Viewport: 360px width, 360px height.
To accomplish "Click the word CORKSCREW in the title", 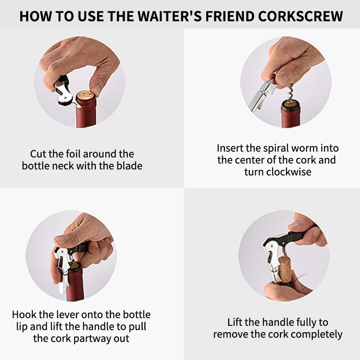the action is click(x=301, y=16).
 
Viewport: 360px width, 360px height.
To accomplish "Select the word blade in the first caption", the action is click(x=130, y=166).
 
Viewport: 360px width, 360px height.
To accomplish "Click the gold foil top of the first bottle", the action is click(x=85, y=95).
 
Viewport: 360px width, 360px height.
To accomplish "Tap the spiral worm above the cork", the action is click(x=290, y=93).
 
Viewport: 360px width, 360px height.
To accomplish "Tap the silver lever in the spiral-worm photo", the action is click(x=261, y=96).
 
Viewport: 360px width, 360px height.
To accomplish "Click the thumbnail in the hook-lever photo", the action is click(x=61, y=240).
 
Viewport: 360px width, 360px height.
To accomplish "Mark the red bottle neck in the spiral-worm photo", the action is click(x=291, y=117).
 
